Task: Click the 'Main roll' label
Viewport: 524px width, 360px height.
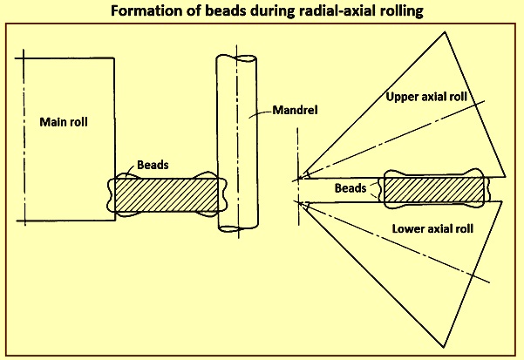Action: pos(65,121)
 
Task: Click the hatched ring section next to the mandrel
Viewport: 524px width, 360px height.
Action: pos(165,194)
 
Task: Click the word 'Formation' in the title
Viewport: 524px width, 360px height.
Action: pos(143,11)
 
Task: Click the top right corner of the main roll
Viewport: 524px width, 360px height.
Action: pos(115,58)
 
